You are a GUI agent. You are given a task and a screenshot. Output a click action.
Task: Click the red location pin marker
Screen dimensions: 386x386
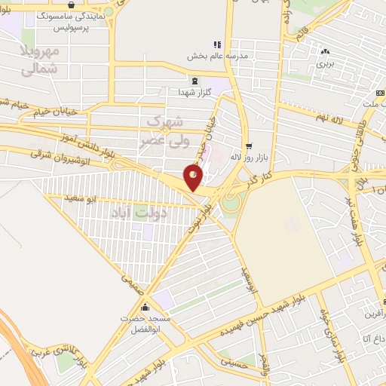194,178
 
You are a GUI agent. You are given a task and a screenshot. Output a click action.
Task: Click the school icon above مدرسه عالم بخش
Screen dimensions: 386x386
217,44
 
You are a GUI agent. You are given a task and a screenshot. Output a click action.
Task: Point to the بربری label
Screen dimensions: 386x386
325,63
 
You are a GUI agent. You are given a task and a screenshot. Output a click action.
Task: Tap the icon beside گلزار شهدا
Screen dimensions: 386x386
195,81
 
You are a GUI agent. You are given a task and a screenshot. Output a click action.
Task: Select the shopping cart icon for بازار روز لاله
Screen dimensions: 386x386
248,146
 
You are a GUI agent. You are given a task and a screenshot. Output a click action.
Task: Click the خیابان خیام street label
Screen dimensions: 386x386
33,111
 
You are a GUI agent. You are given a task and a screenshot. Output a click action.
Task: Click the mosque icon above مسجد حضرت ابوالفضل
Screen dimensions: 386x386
145,308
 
